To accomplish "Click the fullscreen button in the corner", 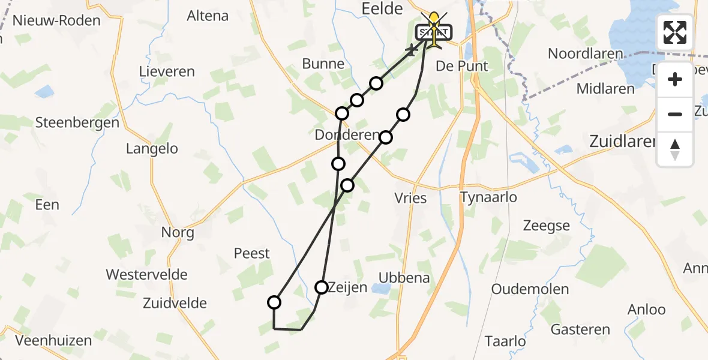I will pyautogui.click(x=675, y=32).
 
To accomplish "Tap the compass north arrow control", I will pyautogui.click(x=675, y=149).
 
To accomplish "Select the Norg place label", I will pyautogui.click(x=178, y=232).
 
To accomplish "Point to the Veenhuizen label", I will pyautogui.click(x=53, y=341).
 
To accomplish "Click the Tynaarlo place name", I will pyautogui.click(x=488, y=197).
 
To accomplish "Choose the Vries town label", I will pyautogui.click(x=411, y=198).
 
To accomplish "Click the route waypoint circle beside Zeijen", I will pyautogui.click(x=322, y=287).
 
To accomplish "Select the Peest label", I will pyautogui.click(x=252, y=253).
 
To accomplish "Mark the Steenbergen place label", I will pyautogui.click(x=77, y=123).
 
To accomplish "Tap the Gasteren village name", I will pyautogui.click(x=580, y=329).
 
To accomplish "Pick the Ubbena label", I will pyautogui.click(x=404, y=278).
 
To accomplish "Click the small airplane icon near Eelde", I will pyautogui.click(x=412, y=50).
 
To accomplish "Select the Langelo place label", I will pyautogui.click(x=152, y=149).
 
